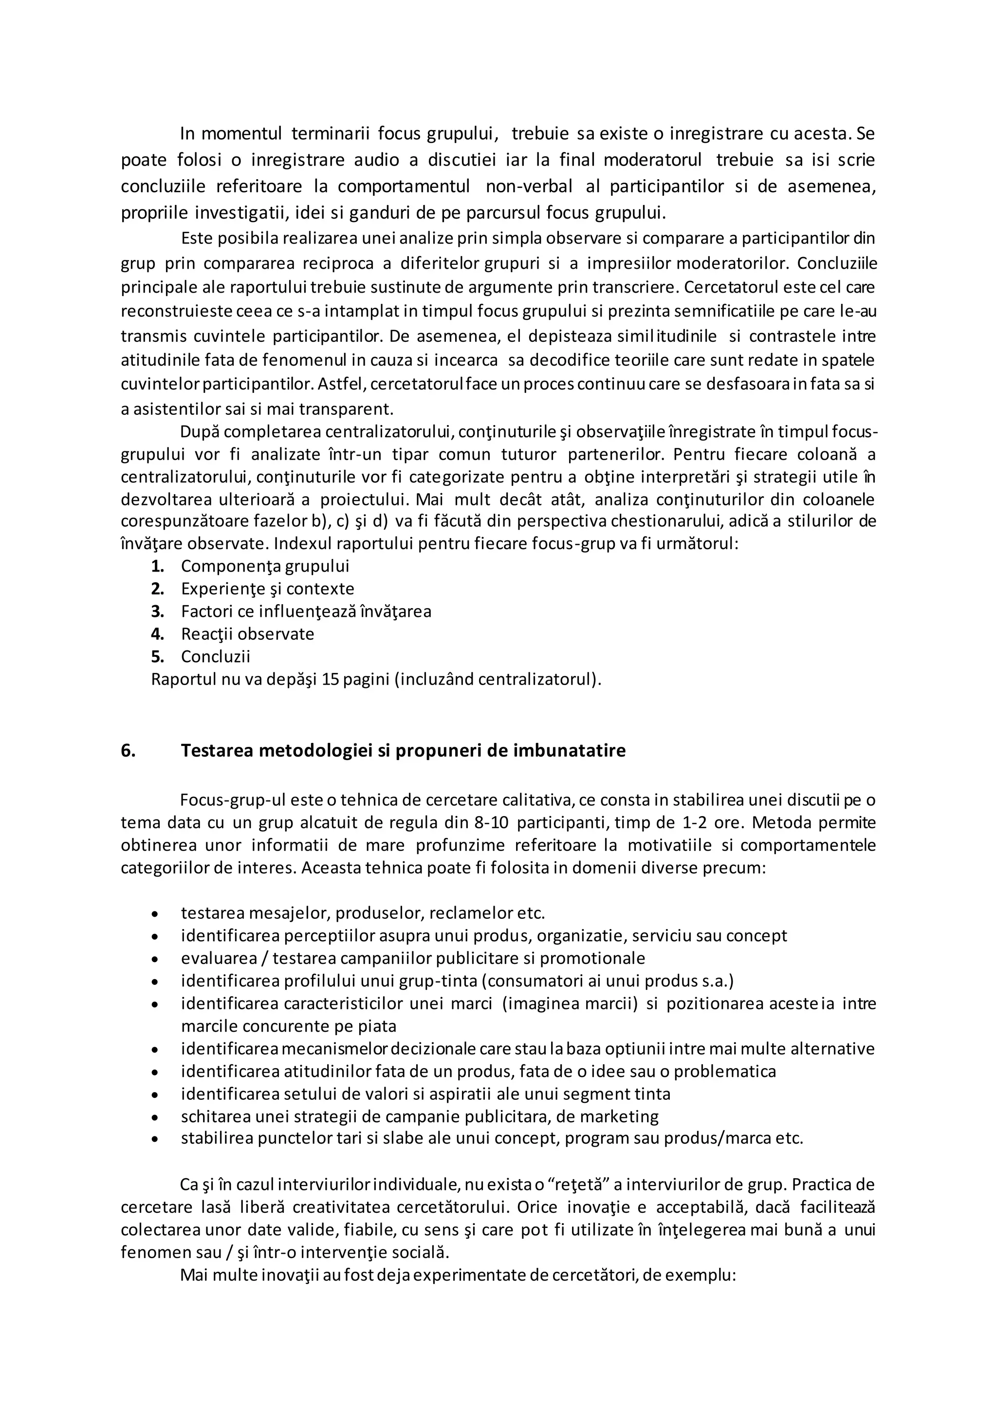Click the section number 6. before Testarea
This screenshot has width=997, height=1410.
pos(128,750)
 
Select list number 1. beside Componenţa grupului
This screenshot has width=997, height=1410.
pos(157,566)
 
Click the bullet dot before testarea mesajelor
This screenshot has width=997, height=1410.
pos(155,914)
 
